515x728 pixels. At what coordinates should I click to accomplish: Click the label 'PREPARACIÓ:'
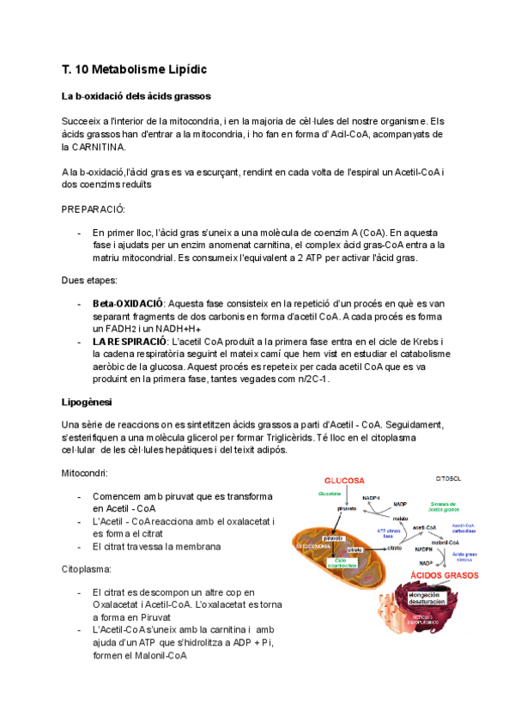tap(94, 209)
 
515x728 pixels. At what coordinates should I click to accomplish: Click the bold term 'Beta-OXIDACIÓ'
tap(128, 304)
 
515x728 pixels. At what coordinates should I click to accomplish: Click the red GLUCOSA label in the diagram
tap(343, 480)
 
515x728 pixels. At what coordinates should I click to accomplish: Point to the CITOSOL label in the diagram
tap(450, 477)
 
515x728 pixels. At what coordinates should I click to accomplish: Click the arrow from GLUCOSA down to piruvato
tap(347, 495)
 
